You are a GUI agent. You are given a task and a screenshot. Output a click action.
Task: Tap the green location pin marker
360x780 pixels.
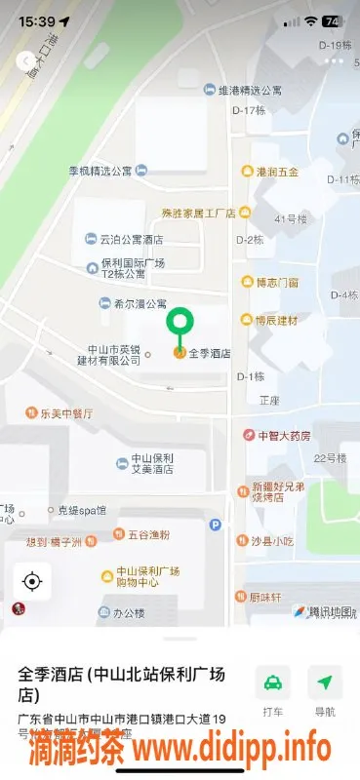point(180,324)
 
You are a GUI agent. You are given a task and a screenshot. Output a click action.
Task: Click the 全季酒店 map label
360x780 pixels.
point(208,353)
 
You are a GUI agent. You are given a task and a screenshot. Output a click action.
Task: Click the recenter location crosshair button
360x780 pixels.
point(32,582)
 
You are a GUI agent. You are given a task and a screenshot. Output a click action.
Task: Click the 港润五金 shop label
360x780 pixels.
point(276,172)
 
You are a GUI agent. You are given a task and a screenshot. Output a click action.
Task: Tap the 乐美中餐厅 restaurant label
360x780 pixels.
point(65,413)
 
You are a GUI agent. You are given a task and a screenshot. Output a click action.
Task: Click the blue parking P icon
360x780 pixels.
point(216,525)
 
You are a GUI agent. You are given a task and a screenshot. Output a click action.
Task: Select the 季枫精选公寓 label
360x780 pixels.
point(100,171)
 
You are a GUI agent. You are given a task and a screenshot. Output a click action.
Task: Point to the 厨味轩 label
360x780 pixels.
point(264,597)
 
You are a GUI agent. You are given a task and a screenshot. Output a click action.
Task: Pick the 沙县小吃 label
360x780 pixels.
point(271,540)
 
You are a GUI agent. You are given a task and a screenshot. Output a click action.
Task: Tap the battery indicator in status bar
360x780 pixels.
point(332,20)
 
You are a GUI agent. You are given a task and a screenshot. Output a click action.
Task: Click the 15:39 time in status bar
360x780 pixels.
point(36,20)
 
